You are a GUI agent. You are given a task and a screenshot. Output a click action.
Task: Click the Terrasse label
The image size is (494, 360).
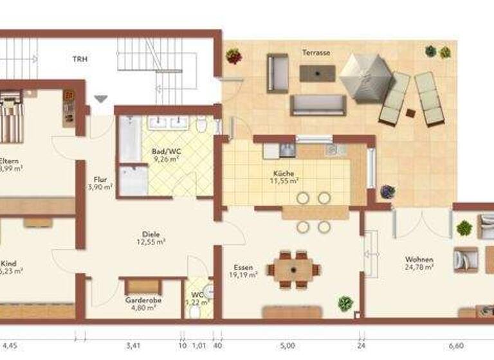click(316, 53)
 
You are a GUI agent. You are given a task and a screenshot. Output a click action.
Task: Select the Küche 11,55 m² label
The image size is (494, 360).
click(283, 177)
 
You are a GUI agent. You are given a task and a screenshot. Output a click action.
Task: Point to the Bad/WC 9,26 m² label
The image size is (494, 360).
click(165, 156)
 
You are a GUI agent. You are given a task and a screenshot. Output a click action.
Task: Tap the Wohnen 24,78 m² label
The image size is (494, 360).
click(419, 262)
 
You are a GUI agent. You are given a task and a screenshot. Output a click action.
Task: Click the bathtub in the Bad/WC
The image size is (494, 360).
click(130, 139)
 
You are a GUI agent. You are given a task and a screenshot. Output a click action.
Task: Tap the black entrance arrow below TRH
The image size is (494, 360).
click(100, 99)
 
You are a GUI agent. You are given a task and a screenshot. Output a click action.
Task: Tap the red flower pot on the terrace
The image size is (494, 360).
click(233, 57)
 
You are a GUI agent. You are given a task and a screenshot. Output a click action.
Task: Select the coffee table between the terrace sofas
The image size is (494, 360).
click(317, 73)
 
